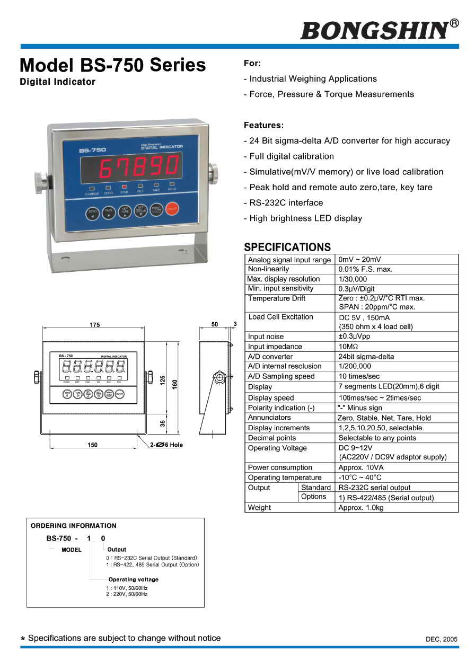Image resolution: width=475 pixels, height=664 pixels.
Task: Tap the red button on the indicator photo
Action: tap(172, 210)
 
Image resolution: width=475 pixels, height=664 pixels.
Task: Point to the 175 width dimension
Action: tap(94, 325)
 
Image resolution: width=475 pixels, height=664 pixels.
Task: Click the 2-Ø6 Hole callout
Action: tap(166, 445)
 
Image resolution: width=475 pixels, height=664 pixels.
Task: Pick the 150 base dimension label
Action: tap(93, 445)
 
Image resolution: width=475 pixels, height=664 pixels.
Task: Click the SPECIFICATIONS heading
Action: tap(287, 247)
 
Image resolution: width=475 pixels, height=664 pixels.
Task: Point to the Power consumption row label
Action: tap(280, 467)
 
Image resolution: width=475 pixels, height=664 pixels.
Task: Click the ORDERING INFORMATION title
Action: tap(74, 526)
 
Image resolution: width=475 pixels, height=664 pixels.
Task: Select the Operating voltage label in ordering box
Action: tap(133, 579)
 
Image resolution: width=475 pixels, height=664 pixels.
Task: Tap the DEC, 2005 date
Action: tap(441, 639)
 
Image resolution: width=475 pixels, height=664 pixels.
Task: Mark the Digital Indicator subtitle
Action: tap(57, 82)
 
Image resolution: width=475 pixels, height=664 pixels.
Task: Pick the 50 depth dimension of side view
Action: tap(214, 325)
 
